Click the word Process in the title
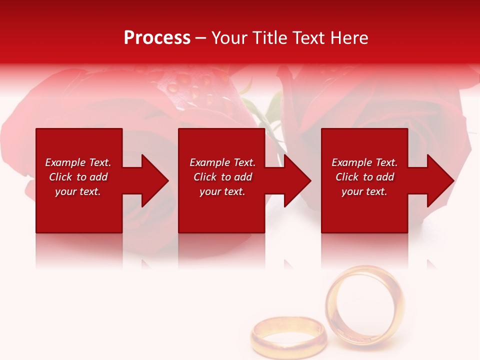pyautogui.click(x=157, y=38)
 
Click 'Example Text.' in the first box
pyautogui.click(x=78, y=162)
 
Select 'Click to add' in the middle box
pyautogui.click(x=222, y=177)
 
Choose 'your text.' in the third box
pyautogui.click(x=364, y=191)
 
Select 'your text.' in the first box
pyautogui.click(x=78, y=191)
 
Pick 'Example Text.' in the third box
pyautogui.click(x=364, y=162)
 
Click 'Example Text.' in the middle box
pyautogui.click(x=222, y=162)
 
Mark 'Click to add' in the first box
pyautogui.click(x=78, y=177)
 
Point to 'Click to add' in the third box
pyautogui.click(x=364, y=177)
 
